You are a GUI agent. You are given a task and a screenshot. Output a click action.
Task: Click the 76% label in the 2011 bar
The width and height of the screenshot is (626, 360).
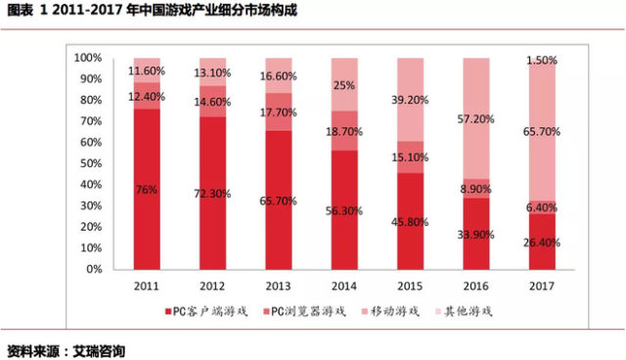[146, 190]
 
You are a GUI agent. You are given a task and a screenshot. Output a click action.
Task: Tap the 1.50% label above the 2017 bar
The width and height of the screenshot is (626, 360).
[542, 61]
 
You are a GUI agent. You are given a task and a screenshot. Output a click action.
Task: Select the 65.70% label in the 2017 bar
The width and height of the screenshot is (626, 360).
[542, 132]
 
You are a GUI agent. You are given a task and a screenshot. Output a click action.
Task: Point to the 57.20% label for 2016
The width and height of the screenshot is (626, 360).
[476, 119]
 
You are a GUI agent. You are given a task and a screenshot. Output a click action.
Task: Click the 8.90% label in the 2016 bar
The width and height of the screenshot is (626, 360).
[476, 189]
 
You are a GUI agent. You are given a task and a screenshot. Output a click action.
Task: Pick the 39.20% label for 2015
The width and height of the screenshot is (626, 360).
[410, 100]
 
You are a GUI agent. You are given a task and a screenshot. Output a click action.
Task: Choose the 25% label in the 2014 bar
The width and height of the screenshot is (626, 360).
[344, 85]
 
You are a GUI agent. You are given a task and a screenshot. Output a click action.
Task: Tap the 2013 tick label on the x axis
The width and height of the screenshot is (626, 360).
[278, 287]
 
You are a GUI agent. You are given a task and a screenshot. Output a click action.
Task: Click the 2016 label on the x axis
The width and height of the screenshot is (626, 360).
[476, 287]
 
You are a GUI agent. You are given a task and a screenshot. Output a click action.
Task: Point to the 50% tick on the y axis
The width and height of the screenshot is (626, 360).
[91, 163]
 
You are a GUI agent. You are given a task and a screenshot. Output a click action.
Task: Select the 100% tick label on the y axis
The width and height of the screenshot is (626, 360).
[88, 58]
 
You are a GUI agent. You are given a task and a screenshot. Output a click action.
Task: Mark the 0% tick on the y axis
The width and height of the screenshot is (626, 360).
[94, 269]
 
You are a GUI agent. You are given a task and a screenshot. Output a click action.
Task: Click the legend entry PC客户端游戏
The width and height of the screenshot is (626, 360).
[206, 311]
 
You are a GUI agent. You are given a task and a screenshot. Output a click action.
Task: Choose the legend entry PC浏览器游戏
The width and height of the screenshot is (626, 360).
[304, 311]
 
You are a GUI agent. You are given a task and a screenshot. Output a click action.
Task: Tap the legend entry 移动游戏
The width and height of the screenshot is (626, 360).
[390, 311]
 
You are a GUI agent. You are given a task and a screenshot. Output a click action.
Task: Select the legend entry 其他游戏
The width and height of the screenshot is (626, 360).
[464, 311]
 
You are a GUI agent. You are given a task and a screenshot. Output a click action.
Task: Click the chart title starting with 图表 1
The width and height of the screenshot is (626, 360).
[153, 11]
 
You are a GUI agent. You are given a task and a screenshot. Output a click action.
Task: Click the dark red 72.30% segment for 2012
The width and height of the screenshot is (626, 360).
[213, 193]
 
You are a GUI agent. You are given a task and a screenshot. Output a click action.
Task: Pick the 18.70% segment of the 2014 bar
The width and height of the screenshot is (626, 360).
[344, 131]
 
